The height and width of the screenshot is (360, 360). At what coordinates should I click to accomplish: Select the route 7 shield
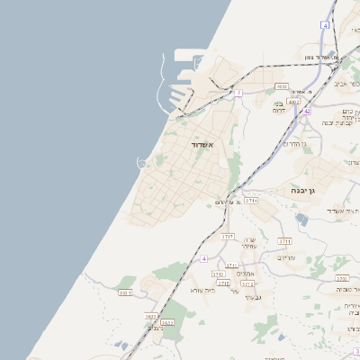(x=238, y=93)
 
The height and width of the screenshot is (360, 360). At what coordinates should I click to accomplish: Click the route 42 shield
(x=307, y=111)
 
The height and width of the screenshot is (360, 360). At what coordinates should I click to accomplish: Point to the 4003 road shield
(x=282, y=87)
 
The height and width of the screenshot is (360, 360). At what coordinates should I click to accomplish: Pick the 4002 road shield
(x=294, y=103)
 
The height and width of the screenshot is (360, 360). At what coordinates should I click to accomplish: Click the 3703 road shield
(x=227, y=236)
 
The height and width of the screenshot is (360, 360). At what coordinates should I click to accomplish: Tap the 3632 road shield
(x=167, y=321)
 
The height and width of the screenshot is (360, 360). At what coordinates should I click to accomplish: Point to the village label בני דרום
(x=285, y=107)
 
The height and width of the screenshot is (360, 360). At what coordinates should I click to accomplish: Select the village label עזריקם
(x=285, y=256)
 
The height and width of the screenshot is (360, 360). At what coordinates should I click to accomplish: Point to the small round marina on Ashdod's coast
(x=141, y=163)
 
